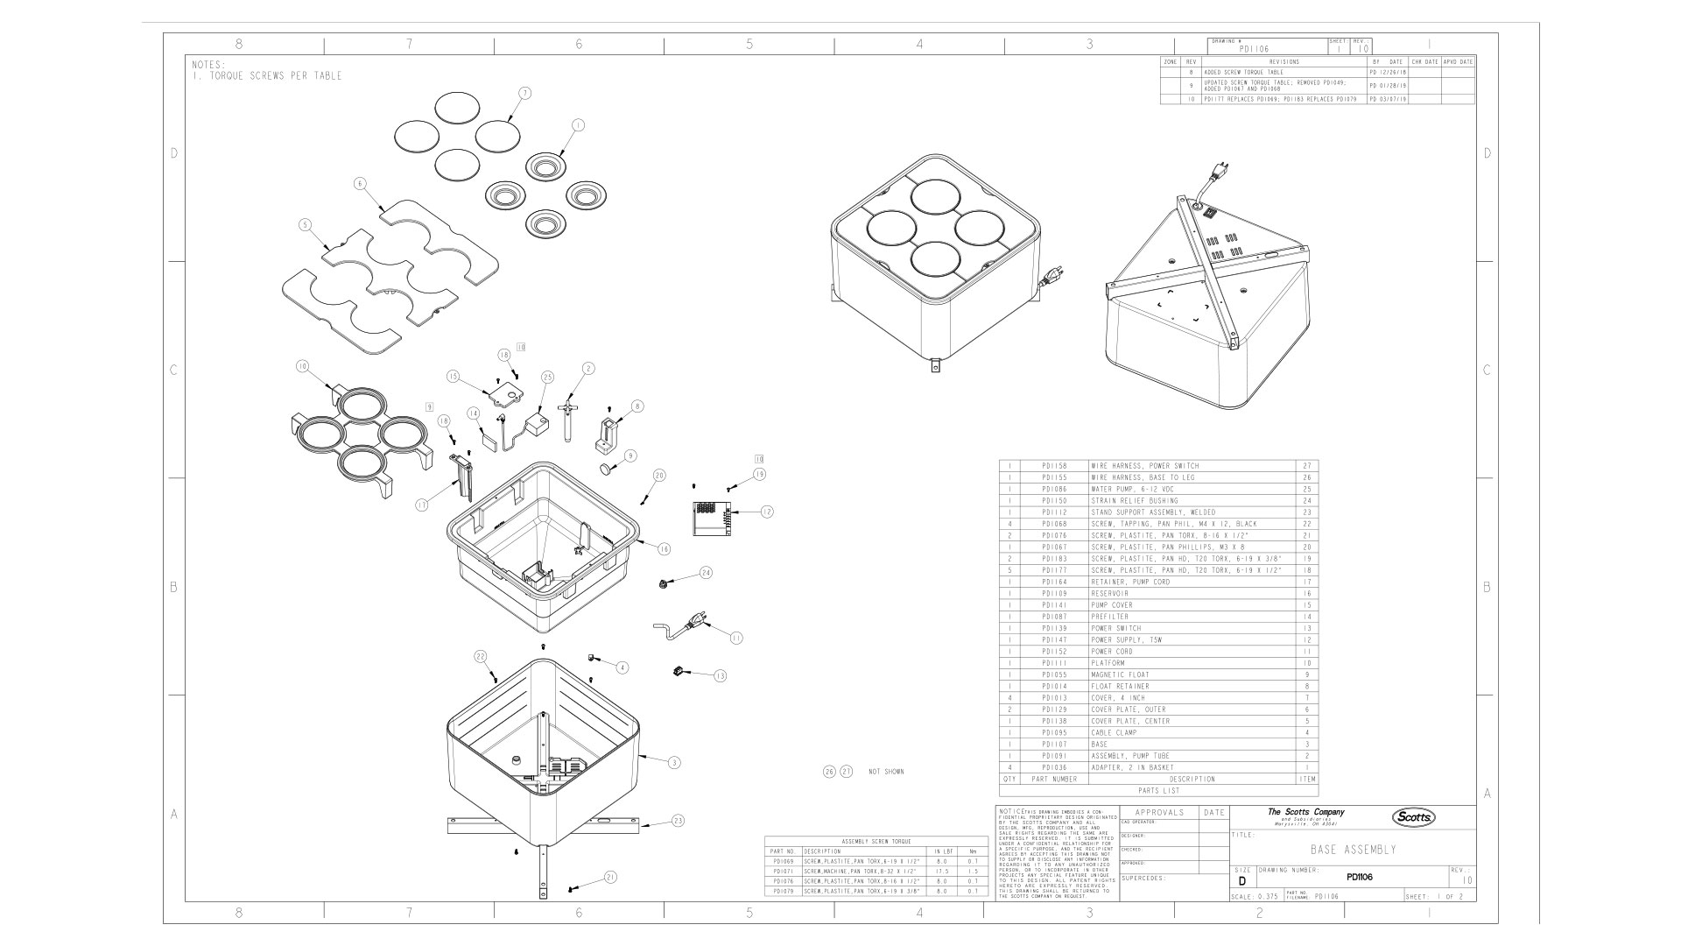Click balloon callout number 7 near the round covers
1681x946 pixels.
524,92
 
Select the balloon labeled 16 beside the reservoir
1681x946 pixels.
664,549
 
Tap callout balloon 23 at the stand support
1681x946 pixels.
678,821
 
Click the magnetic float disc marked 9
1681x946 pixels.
605,469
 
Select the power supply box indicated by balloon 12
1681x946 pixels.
711,517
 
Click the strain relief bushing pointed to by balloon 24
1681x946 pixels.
665,582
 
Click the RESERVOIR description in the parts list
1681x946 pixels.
1109,594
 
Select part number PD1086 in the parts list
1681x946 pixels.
1054,489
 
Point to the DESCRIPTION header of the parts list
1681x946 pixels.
1192,779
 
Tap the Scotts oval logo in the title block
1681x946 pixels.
1414,817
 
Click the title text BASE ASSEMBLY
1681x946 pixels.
1353,850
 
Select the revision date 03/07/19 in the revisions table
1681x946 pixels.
1392,100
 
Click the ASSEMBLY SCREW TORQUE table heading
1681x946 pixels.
876,842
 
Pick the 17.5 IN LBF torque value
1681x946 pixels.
941,872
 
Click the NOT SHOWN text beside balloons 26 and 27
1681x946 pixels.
886,772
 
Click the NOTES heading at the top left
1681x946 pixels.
208,65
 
